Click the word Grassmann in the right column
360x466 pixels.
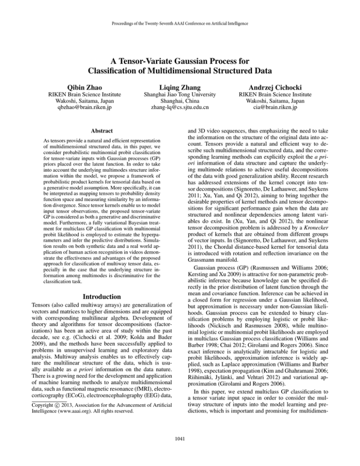[206, 257]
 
